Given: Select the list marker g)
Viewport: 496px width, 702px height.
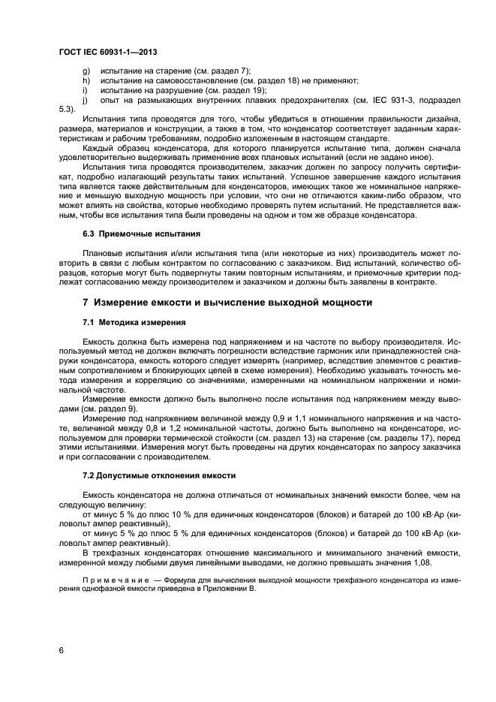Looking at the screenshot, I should (86, 71).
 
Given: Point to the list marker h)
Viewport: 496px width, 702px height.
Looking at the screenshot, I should (86, 80).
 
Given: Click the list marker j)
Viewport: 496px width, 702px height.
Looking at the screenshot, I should (85, 100).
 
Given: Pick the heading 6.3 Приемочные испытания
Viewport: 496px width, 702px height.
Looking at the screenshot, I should (141, 234).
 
